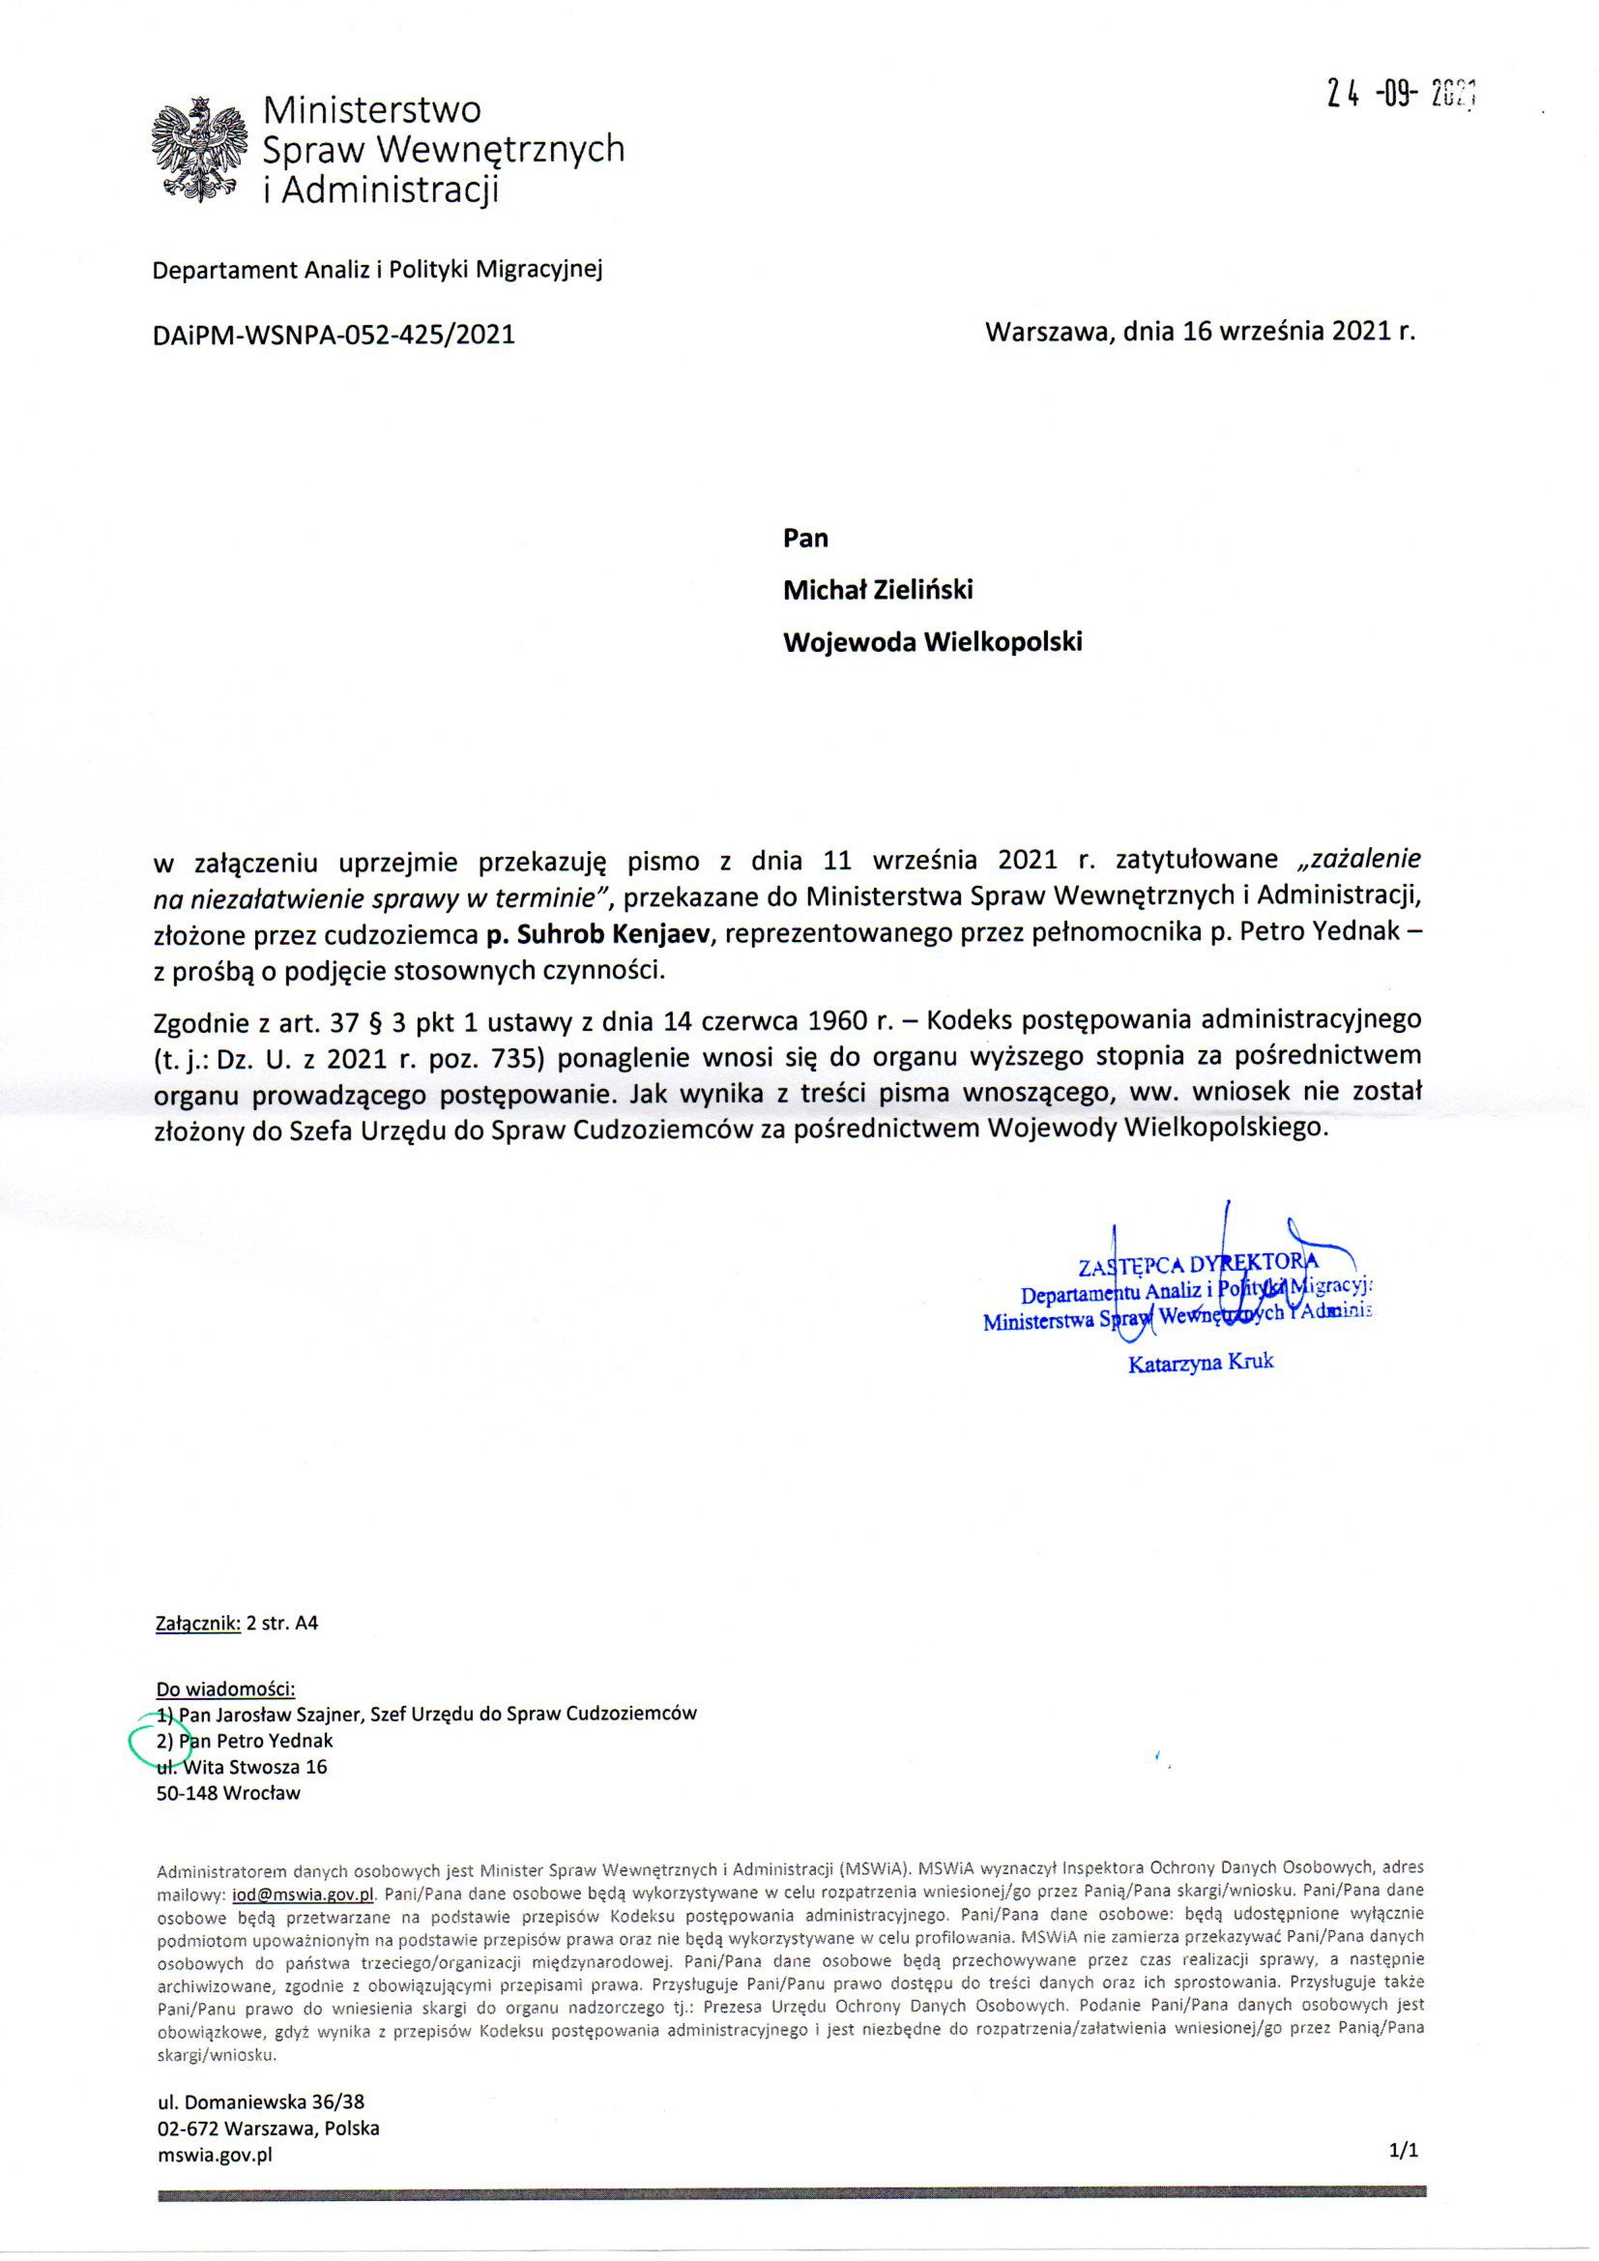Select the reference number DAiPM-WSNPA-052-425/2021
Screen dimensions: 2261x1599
coord(334,335)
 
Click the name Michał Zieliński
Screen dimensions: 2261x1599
coord(877,589)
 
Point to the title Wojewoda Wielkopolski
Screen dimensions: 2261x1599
coord(931,642)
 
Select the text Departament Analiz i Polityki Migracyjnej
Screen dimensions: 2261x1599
coord(376,269)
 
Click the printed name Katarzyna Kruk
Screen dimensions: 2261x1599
coord(1201,1364)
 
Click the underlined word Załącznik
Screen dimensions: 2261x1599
coord(198,1624)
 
